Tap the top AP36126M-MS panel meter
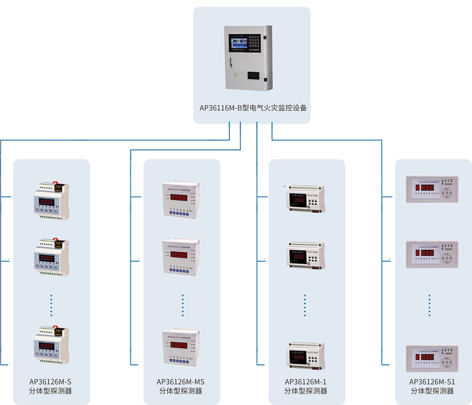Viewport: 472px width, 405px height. pos(181,199)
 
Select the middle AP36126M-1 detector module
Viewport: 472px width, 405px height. pos(304,256)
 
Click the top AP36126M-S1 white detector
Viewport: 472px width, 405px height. pos(432,189)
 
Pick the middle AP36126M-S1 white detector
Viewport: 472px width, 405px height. pos(432,255)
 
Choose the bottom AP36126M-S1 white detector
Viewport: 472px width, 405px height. pos(432,359)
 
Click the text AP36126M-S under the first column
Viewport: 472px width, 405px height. pos(50,381)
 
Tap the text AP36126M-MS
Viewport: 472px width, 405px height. pos(181,381)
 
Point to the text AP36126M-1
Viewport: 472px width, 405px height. pos(306,381)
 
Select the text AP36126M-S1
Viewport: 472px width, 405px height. pos(432,381)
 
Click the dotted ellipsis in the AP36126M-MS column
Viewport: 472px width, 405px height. pos(183,305)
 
